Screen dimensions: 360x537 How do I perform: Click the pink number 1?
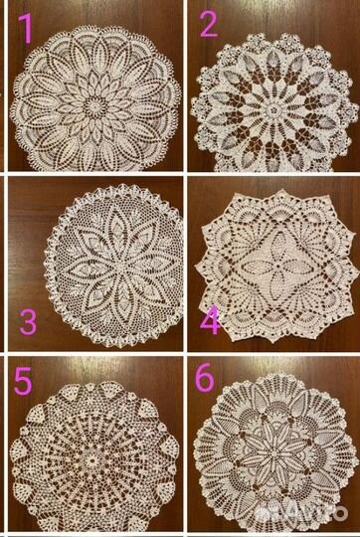point(27,29)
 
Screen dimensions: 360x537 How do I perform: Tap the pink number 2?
point(209,24)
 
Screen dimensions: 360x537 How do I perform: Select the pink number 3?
point(28,322)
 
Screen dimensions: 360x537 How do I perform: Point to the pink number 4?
point(210,321)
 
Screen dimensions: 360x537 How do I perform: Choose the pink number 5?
point(23,381)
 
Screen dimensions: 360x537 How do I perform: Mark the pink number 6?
point(205,379)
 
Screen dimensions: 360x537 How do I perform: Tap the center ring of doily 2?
point(273,110)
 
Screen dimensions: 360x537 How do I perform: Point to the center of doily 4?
point(276,266)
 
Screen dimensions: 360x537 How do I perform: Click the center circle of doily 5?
point(91,460)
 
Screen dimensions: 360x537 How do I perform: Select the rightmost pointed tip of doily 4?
point(358,270)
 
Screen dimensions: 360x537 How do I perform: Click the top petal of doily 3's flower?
point(117,226)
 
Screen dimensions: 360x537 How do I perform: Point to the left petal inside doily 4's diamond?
point(257,267)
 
